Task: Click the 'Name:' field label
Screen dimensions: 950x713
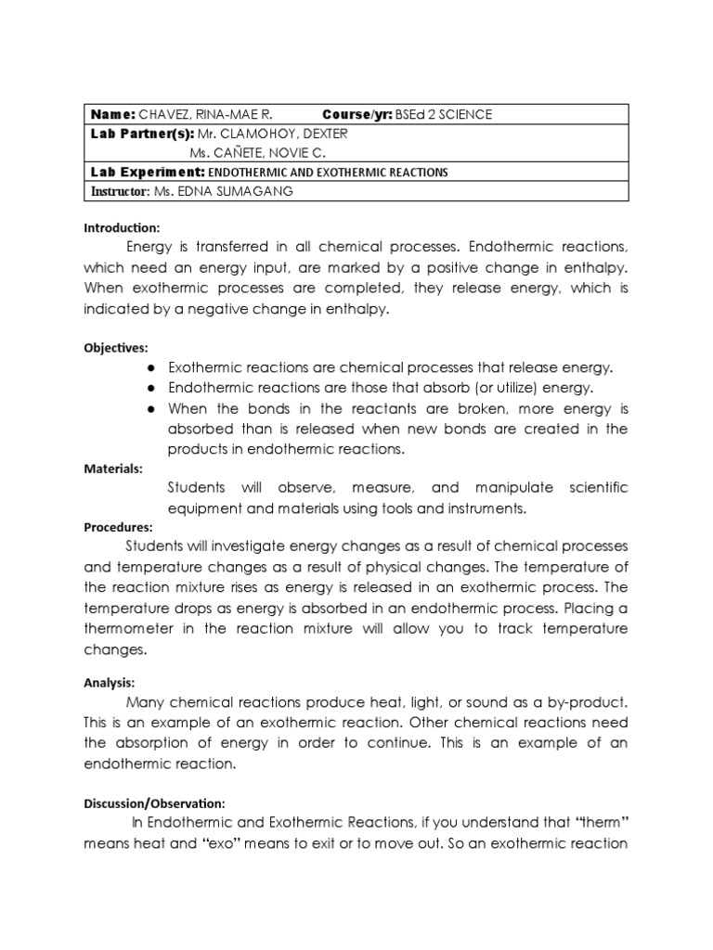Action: pyautogui.click(x=112, y=114)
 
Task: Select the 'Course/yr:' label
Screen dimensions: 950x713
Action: pyautogui.click(x=359, y=114)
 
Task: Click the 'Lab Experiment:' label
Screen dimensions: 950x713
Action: pyautogui.click(x=146, y=173)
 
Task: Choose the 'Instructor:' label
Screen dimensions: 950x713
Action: pyautogui.click(x=119, y=191)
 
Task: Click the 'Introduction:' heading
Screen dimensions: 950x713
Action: pyautogui.click(x=122, y=227)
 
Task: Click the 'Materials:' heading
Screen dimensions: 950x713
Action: pyautogui.click(x=113, y=469)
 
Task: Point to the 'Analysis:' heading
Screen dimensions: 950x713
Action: pyautogui.click(x=110, y=682)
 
